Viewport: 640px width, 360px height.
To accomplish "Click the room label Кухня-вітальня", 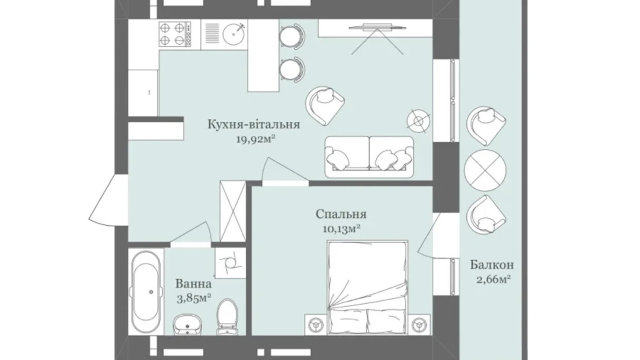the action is pyautogui.click(x=254, y=124).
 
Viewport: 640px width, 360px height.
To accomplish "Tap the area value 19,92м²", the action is pyautogui.click(x=256, y=139).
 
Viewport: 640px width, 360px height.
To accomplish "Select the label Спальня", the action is pyautogui.click(x=341, y=214).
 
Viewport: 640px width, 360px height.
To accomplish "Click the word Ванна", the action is pyautogui.click(x=193, y=284).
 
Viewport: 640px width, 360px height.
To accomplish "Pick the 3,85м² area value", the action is pyautogui.click(x=194, y=298).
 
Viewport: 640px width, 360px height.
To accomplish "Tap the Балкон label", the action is pyautogui.click(x=492, y=265).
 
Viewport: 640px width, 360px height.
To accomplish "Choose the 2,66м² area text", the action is pyautogui.click(x=494, y=279).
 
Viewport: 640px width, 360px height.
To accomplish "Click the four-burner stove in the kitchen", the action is pyautogui.click(x=175, y=34).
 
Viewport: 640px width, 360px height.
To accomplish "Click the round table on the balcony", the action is pyautogui.click(x=485, y=170).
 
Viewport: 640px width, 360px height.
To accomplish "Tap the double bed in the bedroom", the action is pyautogui.click(x=367, y=288).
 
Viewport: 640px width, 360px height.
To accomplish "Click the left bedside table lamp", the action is pyautogui.click(x=316, y=325).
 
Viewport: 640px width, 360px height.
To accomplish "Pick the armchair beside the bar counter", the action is pyautogui.click(x=325, y=106).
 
